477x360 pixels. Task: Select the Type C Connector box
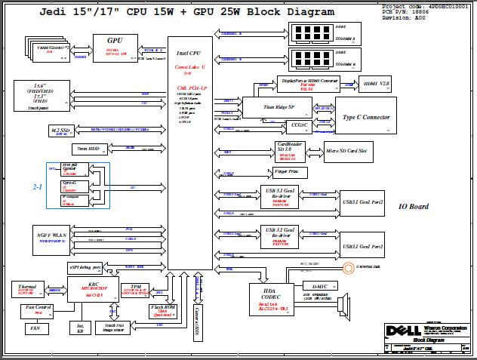(x=365, y=118)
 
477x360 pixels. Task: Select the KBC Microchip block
(x=93, y=289)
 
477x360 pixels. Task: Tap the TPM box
(x=136, y=289)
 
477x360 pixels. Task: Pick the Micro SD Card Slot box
(x=345, y=151)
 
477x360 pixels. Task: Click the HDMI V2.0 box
(x=377, y=84)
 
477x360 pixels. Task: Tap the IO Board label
(x=413, y=207)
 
